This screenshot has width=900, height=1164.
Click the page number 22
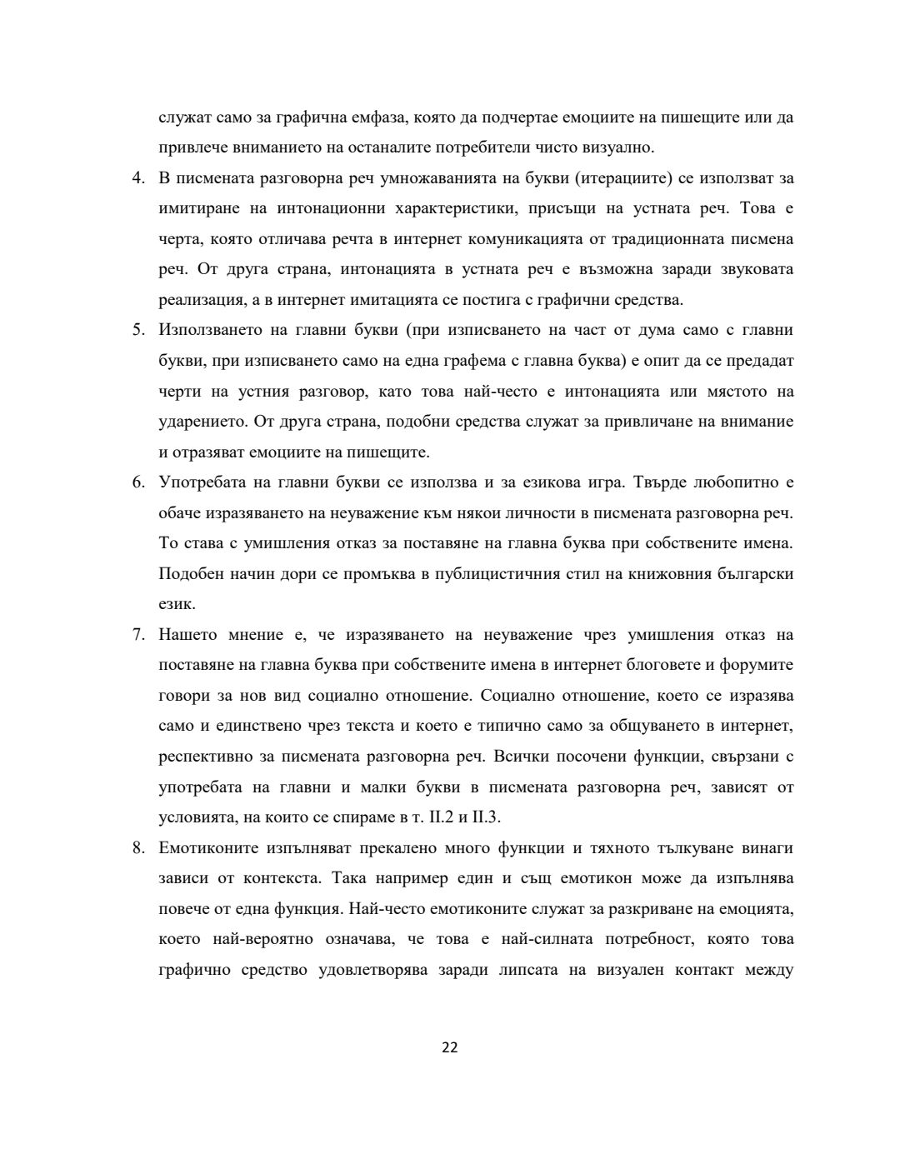[449, 1047]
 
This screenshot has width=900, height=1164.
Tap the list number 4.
[138, 178]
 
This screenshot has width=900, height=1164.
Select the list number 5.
[138, 330]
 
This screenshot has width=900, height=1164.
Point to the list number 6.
[138, 482]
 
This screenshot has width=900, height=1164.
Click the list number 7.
[138, 635]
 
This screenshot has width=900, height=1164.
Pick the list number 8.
[138, 848]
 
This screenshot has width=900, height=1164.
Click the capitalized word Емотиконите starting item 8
[206, 848]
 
